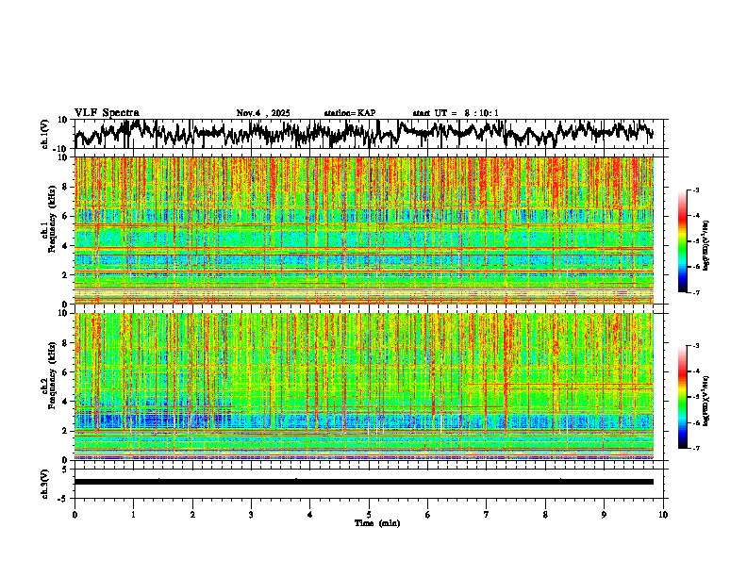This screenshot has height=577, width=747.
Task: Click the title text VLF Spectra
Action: coord(107,113)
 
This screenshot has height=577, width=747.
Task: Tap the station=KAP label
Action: coord(349,113)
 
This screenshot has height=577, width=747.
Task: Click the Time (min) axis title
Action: coord(376,523)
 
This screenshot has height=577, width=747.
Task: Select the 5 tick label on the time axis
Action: coord(369,515)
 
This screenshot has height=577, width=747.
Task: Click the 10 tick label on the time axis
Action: coord(663,515)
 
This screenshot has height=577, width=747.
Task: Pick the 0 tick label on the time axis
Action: coord(75,515)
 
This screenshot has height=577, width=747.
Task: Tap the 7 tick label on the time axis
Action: coord(487,515)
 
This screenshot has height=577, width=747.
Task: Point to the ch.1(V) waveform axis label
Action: coord(45,134)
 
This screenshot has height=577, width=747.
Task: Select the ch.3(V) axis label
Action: coord(45,482)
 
